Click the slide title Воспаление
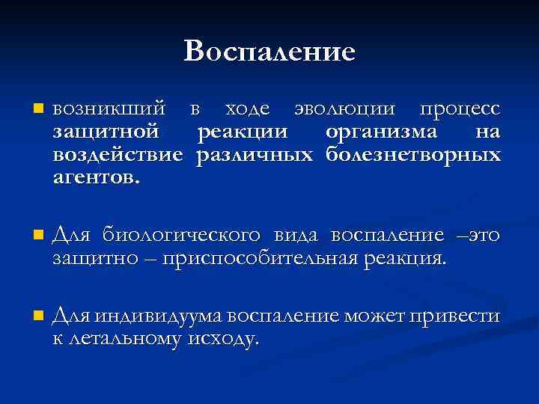[269, 51]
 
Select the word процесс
[459, 110]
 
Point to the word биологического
[182, 236]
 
